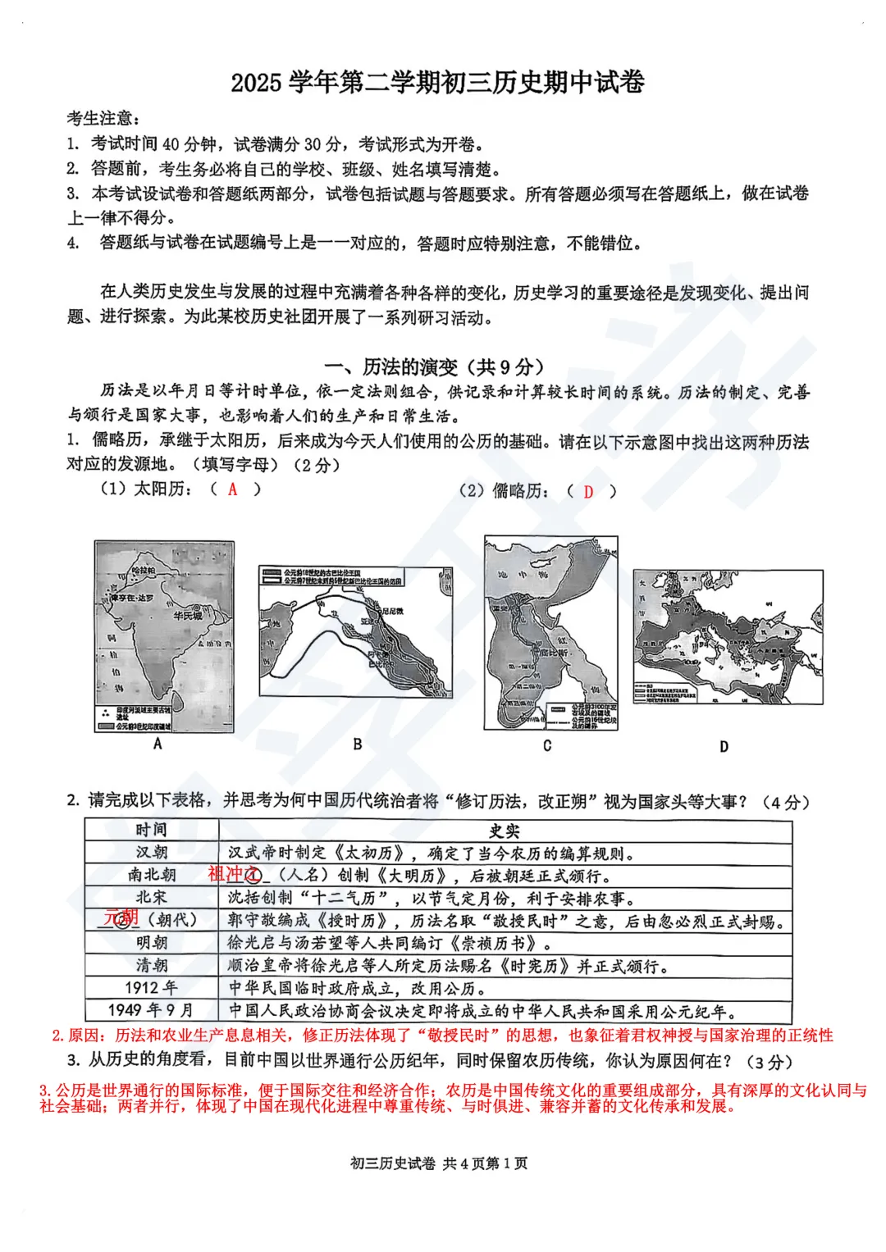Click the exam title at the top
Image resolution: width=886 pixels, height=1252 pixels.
tap(437, 82)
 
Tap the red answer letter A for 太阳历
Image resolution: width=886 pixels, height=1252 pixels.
tap(233, 489)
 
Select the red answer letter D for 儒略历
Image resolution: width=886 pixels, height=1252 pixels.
tap(588, 491)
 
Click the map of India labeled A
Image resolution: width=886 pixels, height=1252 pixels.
tap(164, 636)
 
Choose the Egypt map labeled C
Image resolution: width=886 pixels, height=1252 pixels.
tap(550, 632)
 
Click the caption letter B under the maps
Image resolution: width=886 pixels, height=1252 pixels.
tap(358, 744)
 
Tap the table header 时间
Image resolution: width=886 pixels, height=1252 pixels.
tap(151, 830)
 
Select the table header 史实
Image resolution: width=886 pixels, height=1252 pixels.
tap(505, 831)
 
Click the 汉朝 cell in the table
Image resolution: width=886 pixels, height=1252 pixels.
tap(151, 853)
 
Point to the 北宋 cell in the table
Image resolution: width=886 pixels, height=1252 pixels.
tap(151, 898)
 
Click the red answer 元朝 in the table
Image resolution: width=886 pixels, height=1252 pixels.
tap(121, 917)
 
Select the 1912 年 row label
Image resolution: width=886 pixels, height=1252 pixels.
tap(151, 987)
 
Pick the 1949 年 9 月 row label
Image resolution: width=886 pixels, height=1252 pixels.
tap(151, 1010)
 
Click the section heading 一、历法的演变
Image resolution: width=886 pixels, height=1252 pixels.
tap(434, 366)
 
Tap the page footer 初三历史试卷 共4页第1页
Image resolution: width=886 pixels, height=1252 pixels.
tap(439, 1163)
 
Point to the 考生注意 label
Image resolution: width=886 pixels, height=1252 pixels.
tap(103, 119)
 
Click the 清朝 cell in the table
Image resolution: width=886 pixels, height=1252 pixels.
tap(151, 965)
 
